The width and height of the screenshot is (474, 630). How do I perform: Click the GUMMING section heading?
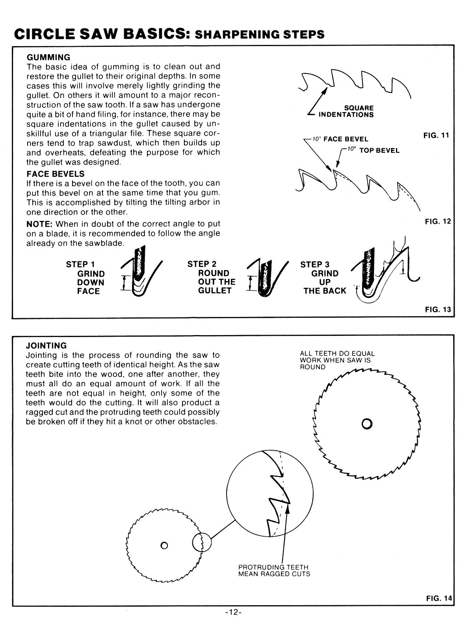tap(48, 57)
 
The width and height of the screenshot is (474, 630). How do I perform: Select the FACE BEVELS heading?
tap(55, 174)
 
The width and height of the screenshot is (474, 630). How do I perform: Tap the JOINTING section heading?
tap(46, 346)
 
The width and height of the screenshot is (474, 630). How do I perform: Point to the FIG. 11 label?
tap(436, 135)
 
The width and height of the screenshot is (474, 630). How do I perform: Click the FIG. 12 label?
tap(437, 222)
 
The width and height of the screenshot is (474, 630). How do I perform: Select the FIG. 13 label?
tap(437, 309)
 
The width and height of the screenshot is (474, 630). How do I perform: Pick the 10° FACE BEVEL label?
tap(340, 139)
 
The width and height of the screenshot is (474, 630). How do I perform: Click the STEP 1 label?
tap(80, 264)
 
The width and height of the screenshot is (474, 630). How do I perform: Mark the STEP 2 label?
tap(202, 264)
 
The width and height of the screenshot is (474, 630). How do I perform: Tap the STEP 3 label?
tap(315, 264)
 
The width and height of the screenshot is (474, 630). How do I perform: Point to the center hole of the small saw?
tap(165, 545)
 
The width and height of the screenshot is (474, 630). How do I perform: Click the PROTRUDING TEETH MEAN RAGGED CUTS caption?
tap(274, 571)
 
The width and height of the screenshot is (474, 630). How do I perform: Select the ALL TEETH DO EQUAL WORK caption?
tap(337, 360)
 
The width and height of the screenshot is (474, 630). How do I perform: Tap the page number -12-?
tap(233, 613)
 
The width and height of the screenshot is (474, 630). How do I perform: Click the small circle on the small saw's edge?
tap(202, 543)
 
